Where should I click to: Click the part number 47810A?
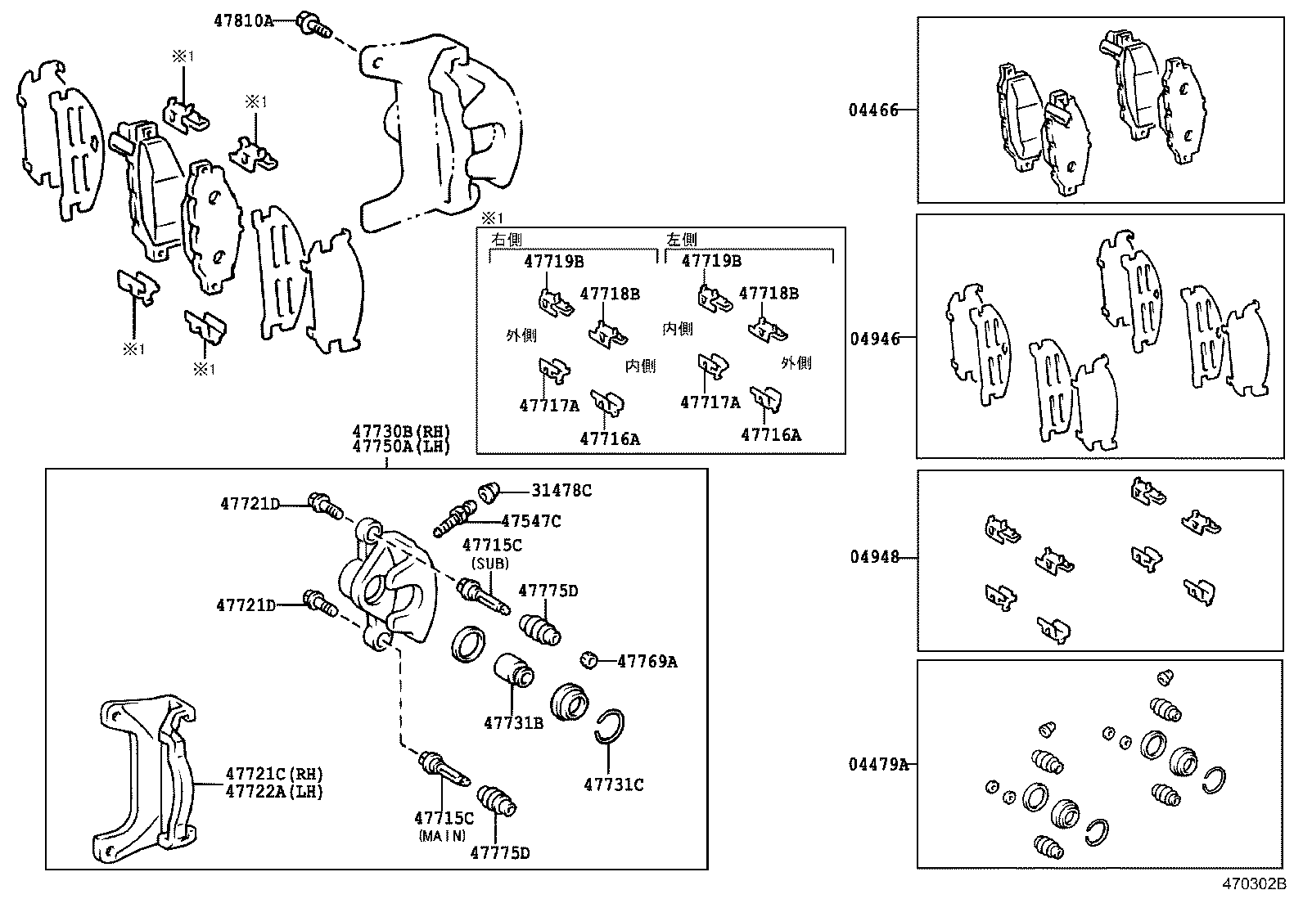pyautogui.click(x=243, y=21)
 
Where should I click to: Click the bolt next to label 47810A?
pyautogui.click(x=313, y=25)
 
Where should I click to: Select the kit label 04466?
pyautogui.click(x=873, y=110)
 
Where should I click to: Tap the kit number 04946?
pyautogui.click(x=874, y=339)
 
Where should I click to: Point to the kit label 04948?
pyautogui.click(x=874, y=557)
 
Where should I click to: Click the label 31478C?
pyautogui.click(x=561, y=491)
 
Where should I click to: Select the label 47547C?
pyautogui.click(x=530, y=521)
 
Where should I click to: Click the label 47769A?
pyautogui.click(x=647, y=662)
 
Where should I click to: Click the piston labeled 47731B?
pyautogui.click(x=513, y=671)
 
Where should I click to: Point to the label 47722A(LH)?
pyautogui.click(x=274, y=791)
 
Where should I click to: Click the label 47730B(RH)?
pyautogui.click(x=401, y=432)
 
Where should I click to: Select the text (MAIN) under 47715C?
pyautogui.click(x=442, y=835)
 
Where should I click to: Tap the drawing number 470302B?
pyautogui.click(x=1255, y=884)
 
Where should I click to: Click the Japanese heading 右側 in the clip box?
pyautogui.click(x=506, y=240)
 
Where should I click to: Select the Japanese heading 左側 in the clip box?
pyautogui.click(x=681, y=240)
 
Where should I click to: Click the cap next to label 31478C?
pyautogui.click(x=489, y=491)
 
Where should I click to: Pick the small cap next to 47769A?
pyautogui.click(x=587, y=659)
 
